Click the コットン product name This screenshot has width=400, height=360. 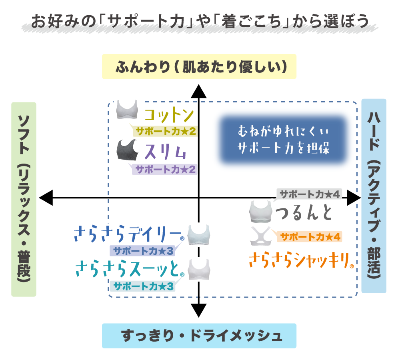click(169, 116)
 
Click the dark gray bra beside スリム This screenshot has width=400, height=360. click(127, 150)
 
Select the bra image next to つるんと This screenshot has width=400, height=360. click(261, 212)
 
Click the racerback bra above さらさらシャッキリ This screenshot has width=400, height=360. click(261, 236)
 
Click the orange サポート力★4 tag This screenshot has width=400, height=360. click(310, 237)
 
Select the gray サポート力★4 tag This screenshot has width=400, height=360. click(310, 194)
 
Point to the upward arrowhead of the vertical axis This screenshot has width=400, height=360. click(199, 91)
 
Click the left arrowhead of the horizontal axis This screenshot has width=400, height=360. click(46, 197)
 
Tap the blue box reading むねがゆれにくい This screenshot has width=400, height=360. click(283, 140)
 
